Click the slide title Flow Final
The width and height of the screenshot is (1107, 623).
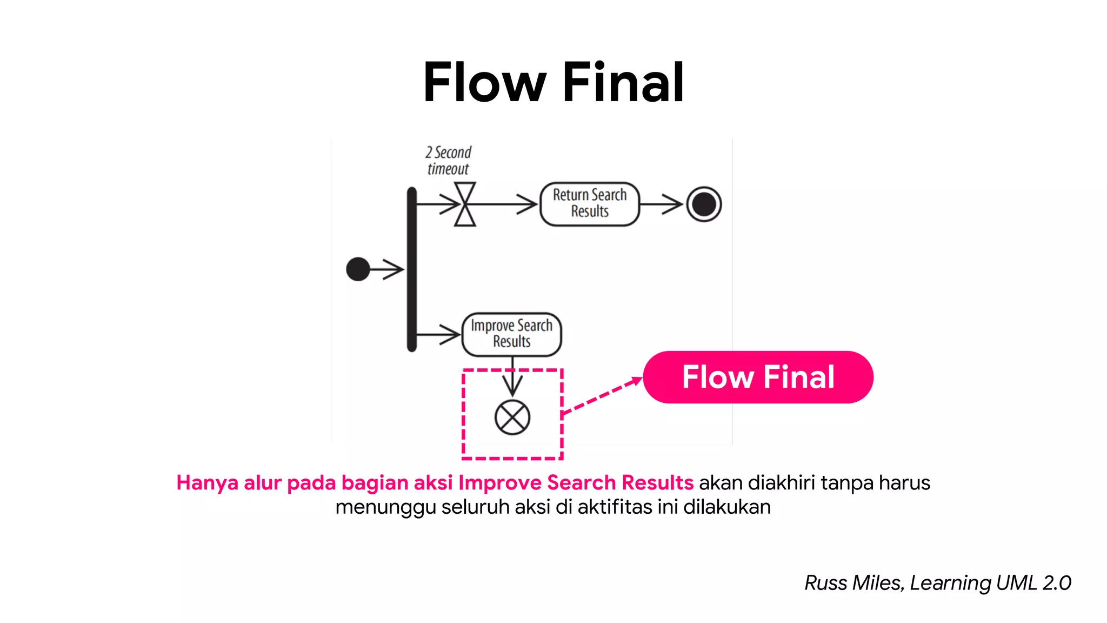click(x=553, y=82)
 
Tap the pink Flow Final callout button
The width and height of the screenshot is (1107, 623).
click(x=758, y=377)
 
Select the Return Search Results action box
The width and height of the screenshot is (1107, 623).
click(x=590, y=204)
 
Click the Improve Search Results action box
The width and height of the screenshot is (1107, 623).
click(x=511, y=334)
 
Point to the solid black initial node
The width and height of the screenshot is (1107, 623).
click(x=358, y=269)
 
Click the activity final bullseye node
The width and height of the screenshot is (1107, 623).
click(x=704, y=204)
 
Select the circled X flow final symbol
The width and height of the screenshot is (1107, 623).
click(x=512, y=417)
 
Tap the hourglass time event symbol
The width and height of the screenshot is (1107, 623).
click(x=465, y=204)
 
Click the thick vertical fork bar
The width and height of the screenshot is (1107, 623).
click(x=412, y=269)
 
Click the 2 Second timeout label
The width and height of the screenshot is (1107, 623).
click(x=448, y=161)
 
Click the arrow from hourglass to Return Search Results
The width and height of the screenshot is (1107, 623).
click(x=505, y=204)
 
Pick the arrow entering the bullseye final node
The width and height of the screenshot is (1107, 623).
click(x=662, y=204)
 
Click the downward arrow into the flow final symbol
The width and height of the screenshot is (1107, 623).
click(x=512, y=379)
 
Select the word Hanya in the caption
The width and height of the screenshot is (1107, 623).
click(x=207, y=482)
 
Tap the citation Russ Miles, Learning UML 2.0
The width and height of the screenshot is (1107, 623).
click(x=937, y=583)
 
